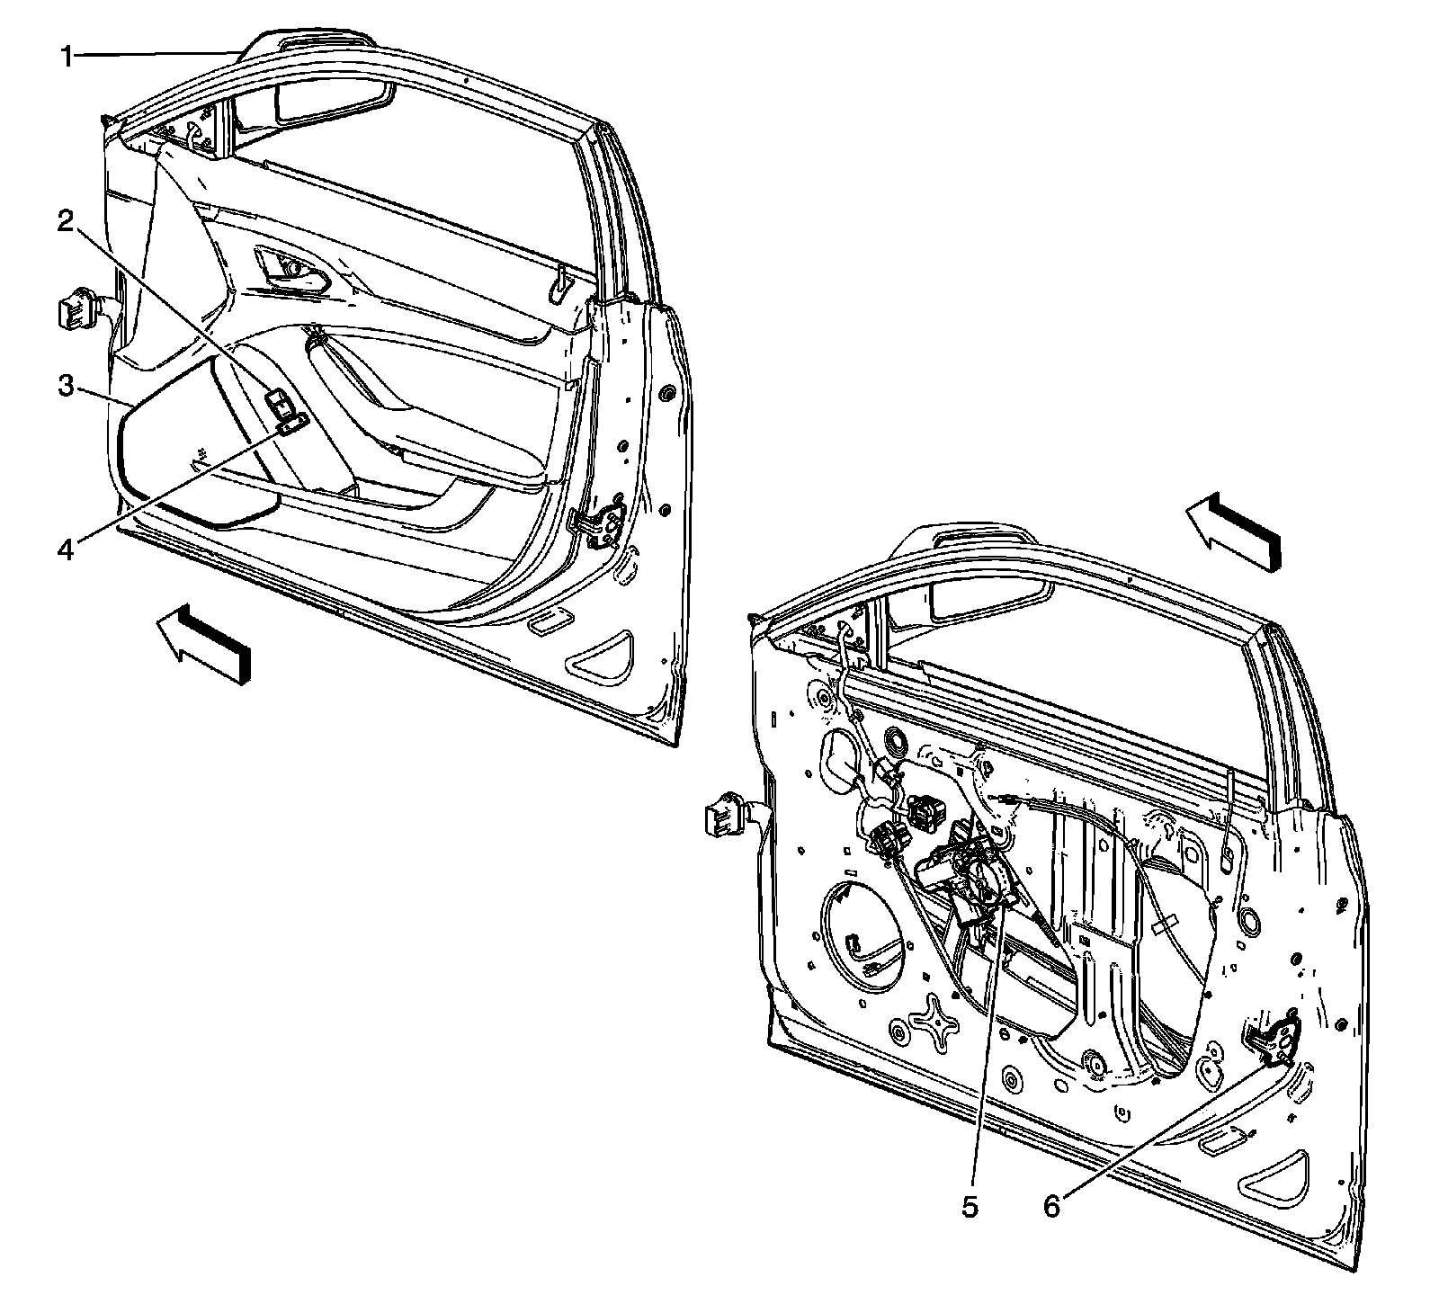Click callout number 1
click(x=66, y=58)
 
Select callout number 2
click(x=65, y=222)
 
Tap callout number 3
click(x=65, y=387)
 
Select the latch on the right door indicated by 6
click(x=1276, y=1044)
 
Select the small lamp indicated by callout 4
click(x=293, y=424)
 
